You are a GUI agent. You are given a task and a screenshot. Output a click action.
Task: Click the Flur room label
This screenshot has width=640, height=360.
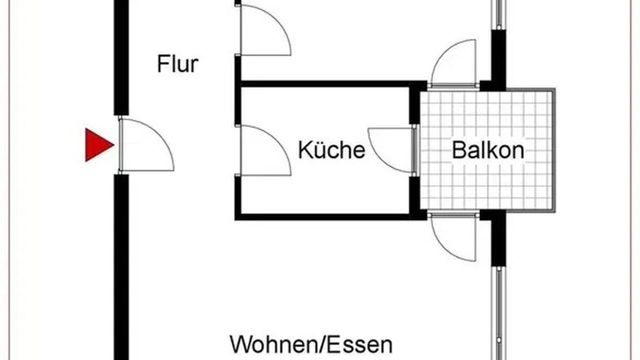click(x=177, y=64)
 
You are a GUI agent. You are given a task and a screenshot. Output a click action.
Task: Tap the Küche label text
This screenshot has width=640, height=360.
click(x=331, y=149)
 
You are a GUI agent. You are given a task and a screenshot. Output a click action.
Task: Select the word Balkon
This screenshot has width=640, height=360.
click(x=488, y=149)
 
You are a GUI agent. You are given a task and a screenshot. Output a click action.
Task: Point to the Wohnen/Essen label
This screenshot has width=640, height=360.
click(x=311, y=345)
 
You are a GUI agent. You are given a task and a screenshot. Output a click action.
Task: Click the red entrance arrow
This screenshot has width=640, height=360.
click(x=98, y=145)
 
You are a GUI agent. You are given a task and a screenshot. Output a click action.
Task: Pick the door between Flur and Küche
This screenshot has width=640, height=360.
click(x=264, y=150)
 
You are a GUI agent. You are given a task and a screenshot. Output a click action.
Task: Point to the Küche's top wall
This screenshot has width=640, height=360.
click(x=325, y=84)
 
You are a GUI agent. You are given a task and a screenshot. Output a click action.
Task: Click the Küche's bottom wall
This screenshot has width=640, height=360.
click(x=325, y=216)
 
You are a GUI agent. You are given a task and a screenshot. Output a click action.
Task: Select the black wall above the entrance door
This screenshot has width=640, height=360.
click(x=121, y=55)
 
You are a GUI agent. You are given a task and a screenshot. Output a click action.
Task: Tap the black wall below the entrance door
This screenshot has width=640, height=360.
click(x=121, y=265)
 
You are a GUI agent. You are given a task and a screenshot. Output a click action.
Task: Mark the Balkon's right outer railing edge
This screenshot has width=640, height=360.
click(x=553, y=150)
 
